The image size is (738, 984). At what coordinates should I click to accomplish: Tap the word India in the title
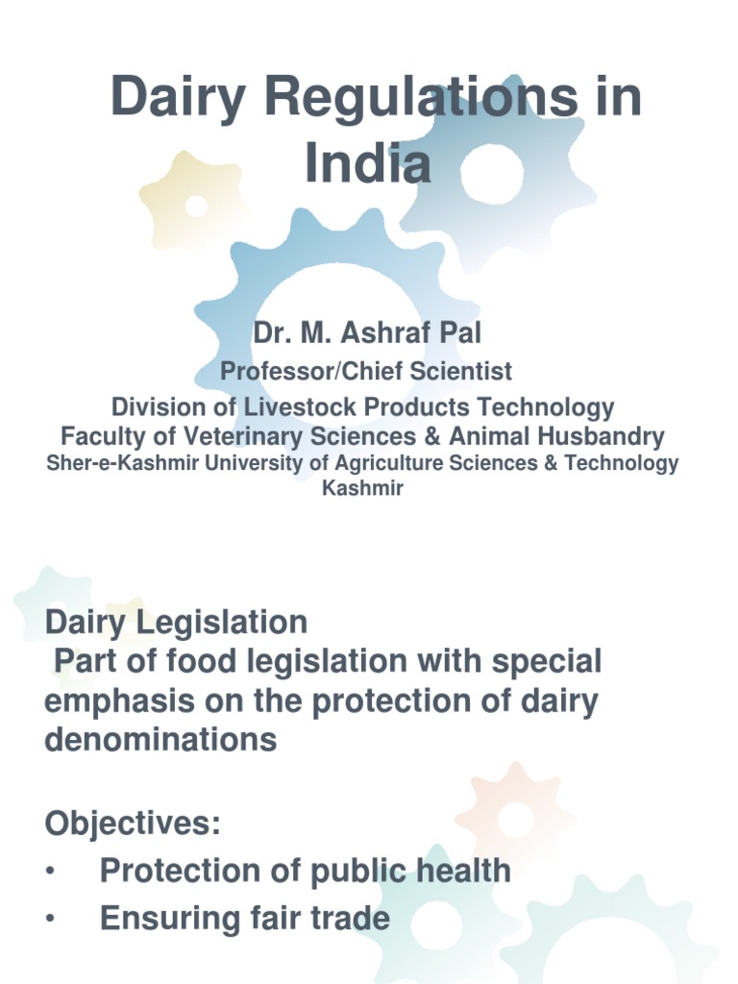coord(368,163)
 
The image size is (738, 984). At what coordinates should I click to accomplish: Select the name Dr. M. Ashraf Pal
coord(368,334)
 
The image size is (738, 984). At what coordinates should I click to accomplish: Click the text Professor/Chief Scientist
coord(367,371)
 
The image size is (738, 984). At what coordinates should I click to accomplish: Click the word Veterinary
coord(234,437)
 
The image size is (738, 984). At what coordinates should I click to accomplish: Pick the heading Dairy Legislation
coord(176,623)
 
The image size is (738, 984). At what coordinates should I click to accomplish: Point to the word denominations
coord(160,740)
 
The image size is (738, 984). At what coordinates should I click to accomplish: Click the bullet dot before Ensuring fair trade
coord(50,920)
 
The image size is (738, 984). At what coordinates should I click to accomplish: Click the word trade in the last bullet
coord(347,919)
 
